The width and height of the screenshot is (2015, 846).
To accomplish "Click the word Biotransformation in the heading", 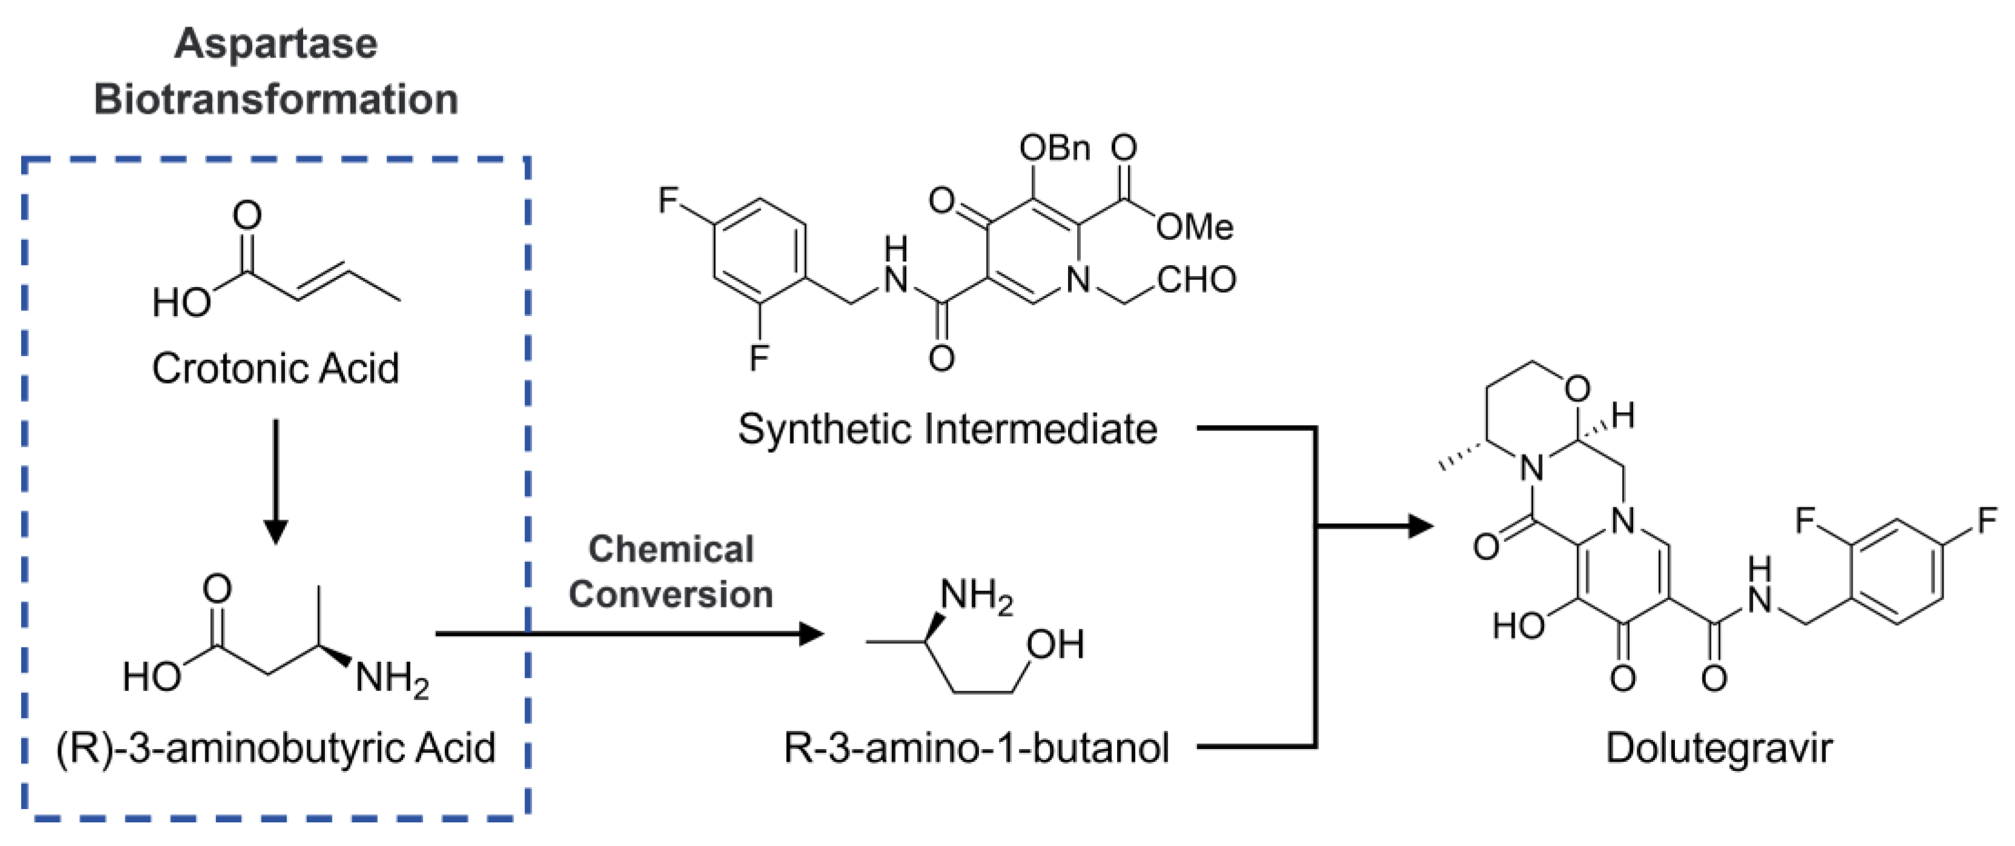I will [275, 100].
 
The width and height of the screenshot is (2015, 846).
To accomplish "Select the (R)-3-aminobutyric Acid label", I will [275, 747].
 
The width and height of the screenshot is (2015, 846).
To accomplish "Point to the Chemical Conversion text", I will [670, 572].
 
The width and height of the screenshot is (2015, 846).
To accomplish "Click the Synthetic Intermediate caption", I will [947, 429].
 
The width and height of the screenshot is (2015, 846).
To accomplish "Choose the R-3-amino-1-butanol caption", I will [976, 747].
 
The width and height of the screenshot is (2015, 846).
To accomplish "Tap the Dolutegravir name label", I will [1718, 747].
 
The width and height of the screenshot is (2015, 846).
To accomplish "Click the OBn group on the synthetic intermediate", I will [1055, 147].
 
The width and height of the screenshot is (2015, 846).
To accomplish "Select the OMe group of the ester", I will [1194, 227].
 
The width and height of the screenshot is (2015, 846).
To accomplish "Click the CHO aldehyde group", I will [1196, 279].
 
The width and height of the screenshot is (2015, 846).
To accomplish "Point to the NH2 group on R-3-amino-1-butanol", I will [975, 596].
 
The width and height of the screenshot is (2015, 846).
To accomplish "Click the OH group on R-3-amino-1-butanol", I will [1055, 645].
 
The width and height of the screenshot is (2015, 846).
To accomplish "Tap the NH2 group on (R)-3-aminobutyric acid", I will [391, 678].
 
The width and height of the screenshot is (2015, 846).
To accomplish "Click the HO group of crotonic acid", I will [182, 302].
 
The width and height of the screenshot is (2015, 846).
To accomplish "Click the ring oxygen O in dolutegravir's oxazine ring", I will [1578, 389].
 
